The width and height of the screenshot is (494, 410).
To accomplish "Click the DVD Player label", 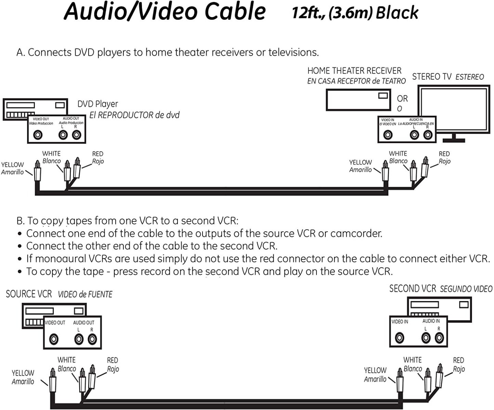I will pyautogui.click(x=97, y=104).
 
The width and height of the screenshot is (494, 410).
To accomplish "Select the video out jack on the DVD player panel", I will pyautogui.click(x=38, y=135).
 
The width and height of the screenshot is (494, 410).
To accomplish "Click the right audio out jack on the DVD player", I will pyautogui.click(x=77, y=135).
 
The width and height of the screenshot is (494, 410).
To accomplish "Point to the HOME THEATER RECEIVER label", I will pyautogui.click(x=354, y=71).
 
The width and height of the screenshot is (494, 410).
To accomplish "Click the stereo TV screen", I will pyautogui.click(x=454, y=109).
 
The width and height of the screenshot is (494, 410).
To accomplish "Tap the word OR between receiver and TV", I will pyautogui.click(x=402, y=99).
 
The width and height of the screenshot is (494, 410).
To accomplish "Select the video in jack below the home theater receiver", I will pyautogui.click(x=388, y=135).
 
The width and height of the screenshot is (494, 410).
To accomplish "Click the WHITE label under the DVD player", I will pyautogui.click(x=51, y=154).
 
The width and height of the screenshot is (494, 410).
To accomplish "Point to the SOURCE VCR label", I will pyautogui.click(x=29, y=294).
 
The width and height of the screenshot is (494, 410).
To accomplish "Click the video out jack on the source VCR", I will pyautogui.click(x=54, y=339).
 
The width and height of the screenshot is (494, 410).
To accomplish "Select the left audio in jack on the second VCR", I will pyautogui.click(x=426, y=338).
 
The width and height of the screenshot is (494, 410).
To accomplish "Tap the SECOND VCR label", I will pyautogui.click(x=413, y=289).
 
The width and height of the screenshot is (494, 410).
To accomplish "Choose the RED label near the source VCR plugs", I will pyautogui.click(x=112, y=360).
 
